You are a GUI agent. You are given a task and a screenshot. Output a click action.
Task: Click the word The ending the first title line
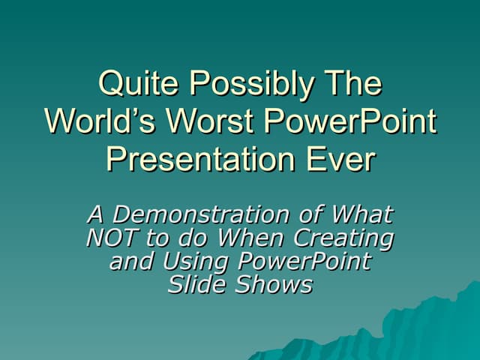[351, 83]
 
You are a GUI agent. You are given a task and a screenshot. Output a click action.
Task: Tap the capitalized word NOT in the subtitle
[112, 238]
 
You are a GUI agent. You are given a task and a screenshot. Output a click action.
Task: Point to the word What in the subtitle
[361, 214]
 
